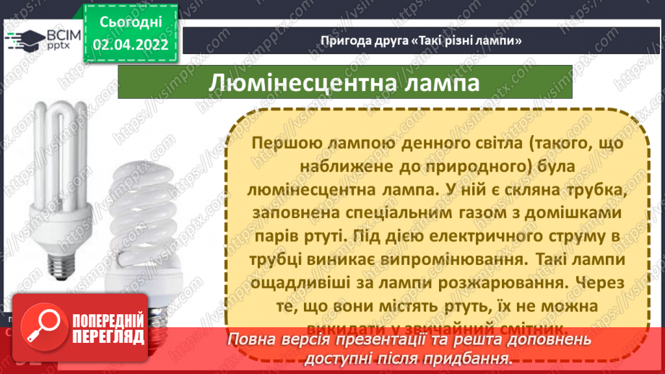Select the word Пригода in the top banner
(x=342, y=40)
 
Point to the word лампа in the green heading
(x=442, y=83)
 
